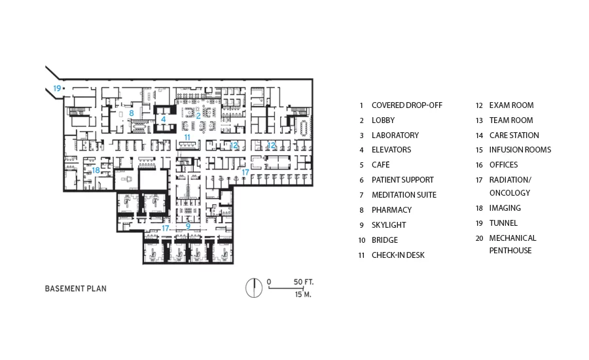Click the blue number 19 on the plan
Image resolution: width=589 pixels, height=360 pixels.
tap(57, 88)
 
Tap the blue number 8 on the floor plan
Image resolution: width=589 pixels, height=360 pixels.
tap(131, 113)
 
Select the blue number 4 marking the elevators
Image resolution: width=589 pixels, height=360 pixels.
tap(164, 120)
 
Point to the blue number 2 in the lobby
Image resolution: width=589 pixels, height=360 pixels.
tap(198, 116)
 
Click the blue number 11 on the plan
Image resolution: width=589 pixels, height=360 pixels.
tap(187, 137)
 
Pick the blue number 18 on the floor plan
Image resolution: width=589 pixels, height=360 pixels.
tap(96, 170)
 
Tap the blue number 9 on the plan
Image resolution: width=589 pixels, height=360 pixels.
tap(188, 226)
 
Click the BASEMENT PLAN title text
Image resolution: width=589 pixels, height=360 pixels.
tap(76, 289)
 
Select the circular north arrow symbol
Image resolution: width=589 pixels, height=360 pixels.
tap(254, 288)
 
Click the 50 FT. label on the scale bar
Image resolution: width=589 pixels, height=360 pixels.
tap(304, 282)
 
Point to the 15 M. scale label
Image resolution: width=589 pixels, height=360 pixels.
tap(303, 295)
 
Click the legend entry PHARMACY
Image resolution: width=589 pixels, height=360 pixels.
tap(392, 209)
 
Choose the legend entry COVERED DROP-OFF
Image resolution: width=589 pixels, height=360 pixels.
tap(407, 105)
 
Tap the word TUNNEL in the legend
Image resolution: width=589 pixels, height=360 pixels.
tap(503, 223)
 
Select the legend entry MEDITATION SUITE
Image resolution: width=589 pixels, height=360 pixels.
tap(404, 194)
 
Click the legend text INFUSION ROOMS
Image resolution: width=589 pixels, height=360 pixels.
tap(520, 150)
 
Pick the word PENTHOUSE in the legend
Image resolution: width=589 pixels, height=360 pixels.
tap(510, 251)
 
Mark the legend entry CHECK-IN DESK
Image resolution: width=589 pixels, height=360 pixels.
tap(398, 255)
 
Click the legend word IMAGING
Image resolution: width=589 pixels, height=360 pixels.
tap(505, 207)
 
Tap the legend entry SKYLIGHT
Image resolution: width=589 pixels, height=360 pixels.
tap(389, 225)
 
